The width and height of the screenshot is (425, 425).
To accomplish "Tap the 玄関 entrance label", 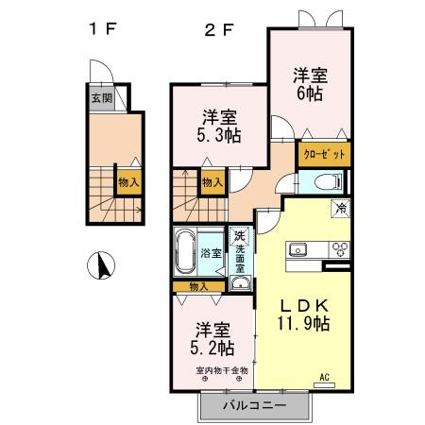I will click(x=100, y=97).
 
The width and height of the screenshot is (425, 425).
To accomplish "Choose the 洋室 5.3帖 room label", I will click(x=218, y=127).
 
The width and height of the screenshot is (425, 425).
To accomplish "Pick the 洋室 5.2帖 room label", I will click(x=213, y=338).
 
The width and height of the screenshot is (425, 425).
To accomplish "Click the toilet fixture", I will click(x=323, y=182).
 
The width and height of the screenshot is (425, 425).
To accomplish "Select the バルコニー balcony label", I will click(x=254, y=406).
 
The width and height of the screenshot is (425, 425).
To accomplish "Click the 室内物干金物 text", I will click(x=222, y=369).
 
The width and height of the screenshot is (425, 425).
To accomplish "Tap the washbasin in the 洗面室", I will click(x=241, y=281).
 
